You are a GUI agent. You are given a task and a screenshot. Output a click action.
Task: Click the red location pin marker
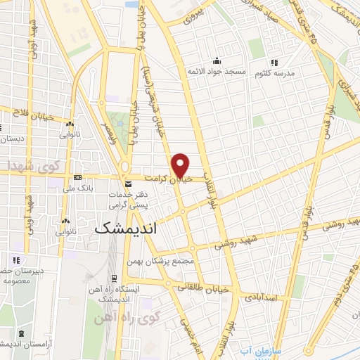181,165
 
